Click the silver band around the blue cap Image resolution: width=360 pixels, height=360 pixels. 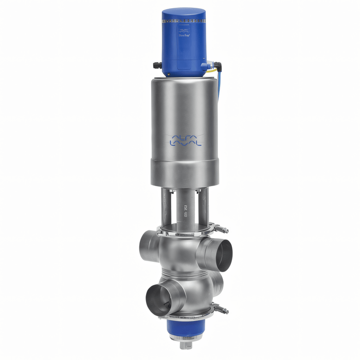(x=184, y=22)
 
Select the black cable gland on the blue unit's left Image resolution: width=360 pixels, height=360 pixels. (x=157, y=66)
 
